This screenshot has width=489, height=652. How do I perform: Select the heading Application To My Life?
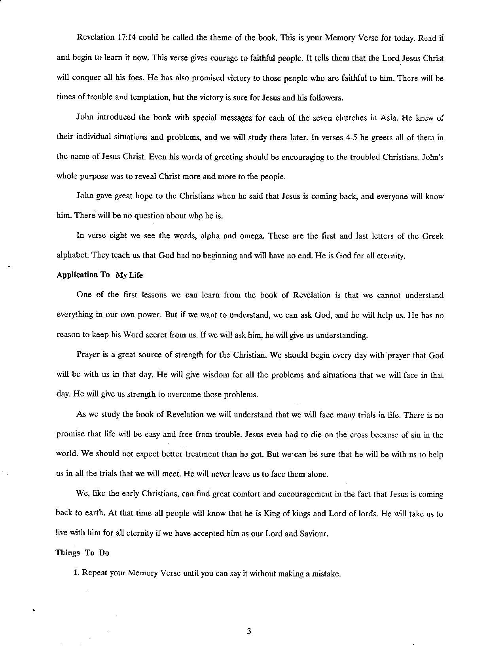coord(100,275)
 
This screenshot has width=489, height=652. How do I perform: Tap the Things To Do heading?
coord(82,553)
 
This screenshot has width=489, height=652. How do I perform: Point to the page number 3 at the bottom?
coord(249,631)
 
